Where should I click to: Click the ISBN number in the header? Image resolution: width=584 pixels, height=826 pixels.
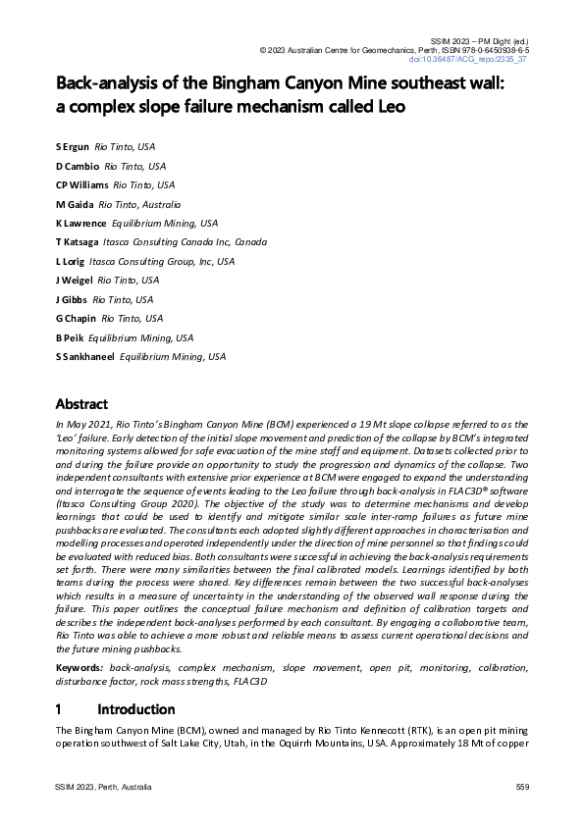[x=489, y=49]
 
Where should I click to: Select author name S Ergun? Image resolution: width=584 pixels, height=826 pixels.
[x=72, y=146]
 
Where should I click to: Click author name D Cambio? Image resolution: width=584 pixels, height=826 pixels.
[x=77, y=166]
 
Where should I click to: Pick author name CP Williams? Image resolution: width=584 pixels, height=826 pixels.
[x=81, y=184]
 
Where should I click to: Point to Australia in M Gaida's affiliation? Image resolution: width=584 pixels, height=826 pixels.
[x=159, y=204]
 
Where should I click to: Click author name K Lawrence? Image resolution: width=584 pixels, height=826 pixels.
[x=80, y=223]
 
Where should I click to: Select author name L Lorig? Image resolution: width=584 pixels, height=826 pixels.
[x=70, y=262]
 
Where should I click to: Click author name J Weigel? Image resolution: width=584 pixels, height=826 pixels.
[x=74, y=281]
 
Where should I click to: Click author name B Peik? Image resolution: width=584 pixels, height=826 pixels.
[x=70, y=337]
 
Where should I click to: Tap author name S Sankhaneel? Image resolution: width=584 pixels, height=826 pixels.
[x=84, y=357]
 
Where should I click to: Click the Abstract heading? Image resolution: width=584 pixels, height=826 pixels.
[x=81, y=404]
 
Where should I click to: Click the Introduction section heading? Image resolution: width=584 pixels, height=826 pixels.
[x=135, y=709]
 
